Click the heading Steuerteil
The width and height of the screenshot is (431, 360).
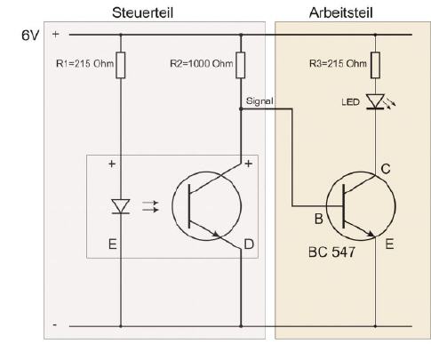142,13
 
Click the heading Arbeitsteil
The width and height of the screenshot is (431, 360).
340,13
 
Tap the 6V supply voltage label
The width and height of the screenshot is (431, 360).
30,36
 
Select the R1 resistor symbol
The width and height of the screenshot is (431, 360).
121,65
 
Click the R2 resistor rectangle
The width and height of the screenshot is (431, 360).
241,65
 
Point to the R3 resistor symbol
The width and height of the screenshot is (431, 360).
375,65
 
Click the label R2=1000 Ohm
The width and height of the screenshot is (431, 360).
202,63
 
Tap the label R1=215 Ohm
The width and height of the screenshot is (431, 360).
84,63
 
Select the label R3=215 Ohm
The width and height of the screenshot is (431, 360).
338,63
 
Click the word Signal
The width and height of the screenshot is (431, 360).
259,101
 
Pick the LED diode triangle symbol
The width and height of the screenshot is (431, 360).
375,101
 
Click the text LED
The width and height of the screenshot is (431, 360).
350,102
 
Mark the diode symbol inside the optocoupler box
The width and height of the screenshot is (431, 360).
121,206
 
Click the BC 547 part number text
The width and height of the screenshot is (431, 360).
331,252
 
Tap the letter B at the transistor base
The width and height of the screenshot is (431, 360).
318,219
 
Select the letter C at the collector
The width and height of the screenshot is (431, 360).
386,169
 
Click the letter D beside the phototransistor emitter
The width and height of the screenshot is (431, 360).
249,244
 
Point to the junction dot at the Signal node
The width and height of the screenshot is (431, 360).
241,109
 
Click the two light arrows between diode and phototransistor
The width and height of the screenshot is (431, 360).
150,206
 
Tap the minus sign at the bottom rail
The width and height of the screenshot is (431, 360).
55,325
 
